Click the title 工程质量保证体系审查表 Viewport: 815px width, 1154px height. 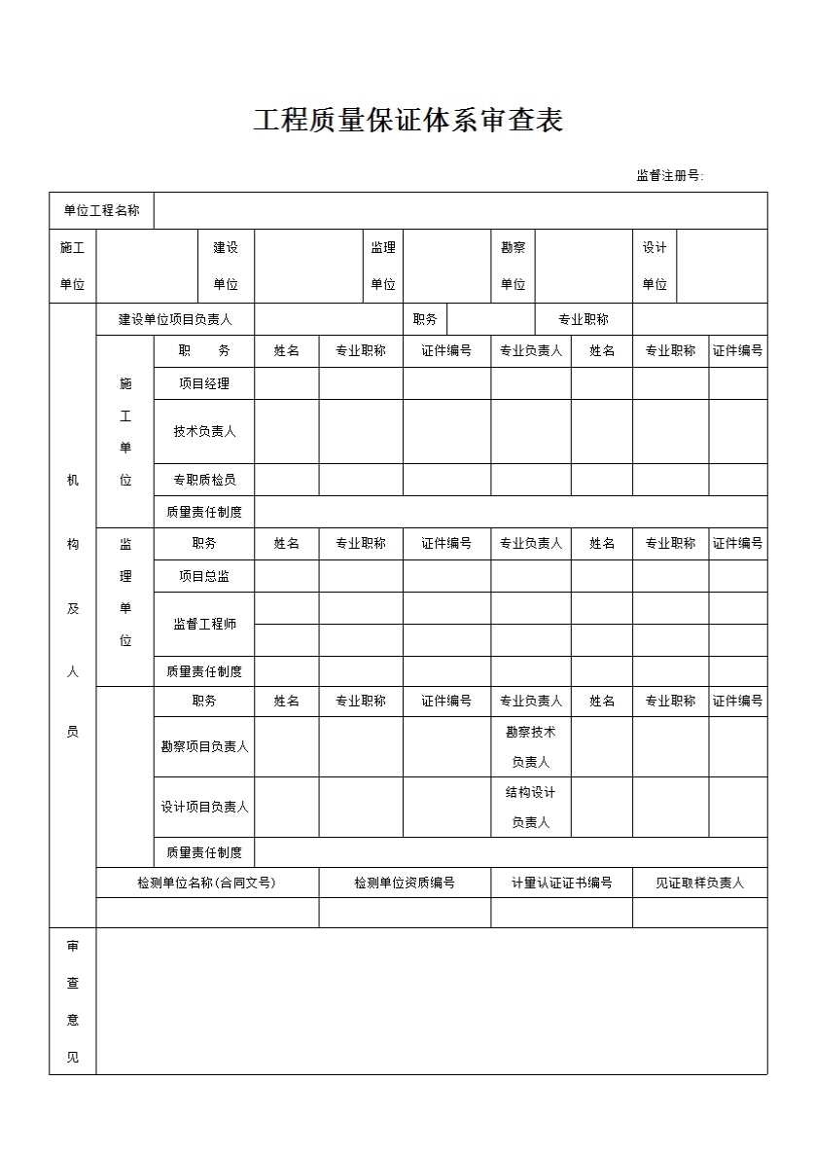pyautogui.click(x=407, y=121)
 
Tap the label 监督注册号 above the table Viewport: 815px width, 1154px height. pyautogui.click(x=669, y=176)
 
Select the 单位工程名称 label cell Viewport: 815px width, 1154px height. pyautogui.click(x=101, y=210)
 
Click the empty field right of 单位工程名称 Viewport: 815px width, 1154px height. pyautogui.click(x=460, y=210)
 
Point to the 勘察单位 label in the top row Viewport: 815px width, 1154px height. pyautogui.click(x=513, y=266)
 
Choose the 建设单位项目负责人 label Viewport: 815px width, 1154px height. pyautogui.click(x=175, y=319)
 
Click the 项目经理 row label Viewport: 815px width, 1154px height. pyautogui.click(x=204, y=383)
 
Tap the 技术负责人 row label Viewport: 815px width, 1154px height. pyautogui.click(x=204, y=431)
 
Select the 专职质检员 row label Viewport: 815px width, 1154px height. pyautogui.click(x=204, y=480)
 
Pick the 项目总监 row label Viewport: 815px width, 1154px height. pyautogui.click(x=204, y=576)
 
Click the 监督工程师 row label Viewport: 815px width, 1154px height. pyautogui.click(x=204, y=624)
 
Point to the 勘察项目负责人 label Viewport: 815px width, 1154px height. pyautogui.click(x=204, y=746)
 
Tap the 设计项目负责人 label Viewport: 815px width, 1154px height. pyautogui.click(x=204, y=807)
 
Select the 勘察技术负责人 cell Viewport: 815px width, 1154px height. pyautogui.click(x=530, y=746)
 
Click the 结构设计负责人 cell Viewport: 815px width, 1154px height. pyautogui.click(x=530, y=807)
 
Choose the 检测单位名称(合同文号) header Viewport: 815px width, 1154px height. pyautogui.click(x=207, y=883)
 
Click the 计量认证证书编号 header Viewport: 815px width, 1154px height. pyautogui.click(x=561, y=883)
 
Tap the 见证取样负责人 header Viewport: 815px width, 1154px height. pyautogui.click(x=699, y=883)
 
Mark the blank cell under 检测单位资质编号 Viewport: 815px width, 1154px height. pyautogui.click(x=405, y=912)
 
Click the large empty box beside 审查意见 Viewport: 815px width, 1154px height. pyautogui.click(x=431, y=1000)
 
